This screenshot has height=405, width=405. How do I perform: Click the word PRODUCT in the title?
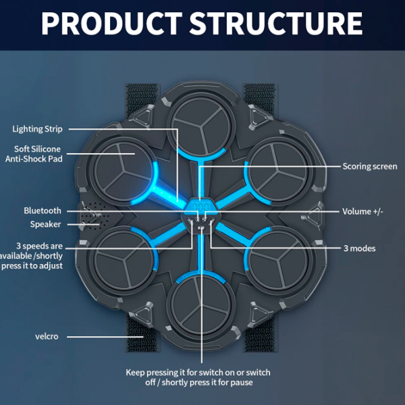[112, 23]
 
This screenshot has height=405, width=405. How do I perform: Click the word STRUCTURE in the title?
[276, 23]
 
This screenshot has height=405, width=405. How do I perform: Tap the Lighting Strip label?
[37, 129]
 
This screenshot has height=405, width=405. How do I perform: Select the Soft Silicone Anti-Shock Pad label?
[34, 154]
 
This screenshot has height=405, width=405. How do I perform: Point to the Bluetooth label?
[43, 211]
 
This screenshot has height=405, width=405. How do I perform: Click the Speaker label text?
[45, 224]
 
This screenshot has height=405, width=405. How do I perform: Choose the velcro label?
[47, 336]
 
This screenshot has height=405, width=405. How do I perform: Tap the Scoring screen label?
[370, 166]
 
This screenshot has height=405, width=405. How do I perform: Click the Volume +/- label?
[362, 211]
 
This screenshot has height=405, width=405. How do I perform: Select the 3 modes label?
[360, 248]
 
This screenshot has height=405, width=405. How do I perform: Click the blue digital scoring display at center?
[201, 207]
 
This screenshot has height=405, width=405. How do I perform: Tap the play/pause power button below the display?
[201, 227]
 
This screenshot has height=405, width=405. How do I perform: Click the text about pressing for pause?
[198, 377]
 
